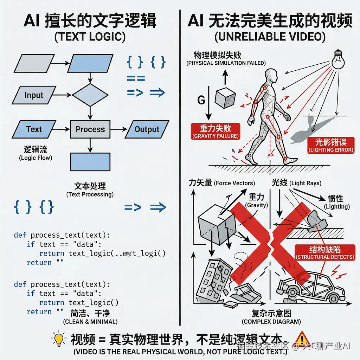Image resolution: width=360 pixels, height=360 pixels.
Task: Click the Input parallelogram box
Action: click(34, 95)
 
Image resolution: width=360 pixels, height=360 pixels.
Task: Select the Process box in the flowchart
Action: click(90, 129)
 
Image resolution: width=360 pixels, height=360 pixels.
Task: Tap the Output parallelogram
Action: click(147, 129)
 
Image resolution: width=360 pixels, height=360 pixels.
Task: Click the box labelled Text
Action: click(34, 129)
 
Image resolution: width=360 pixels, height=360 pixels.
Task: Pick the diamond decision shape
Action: click(90, 95)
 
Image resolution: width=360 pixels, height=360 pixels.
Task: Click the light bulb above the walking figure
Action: click(337, 60)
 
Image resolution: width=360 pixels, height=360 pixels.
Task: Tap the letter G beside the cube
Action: click(201, 100)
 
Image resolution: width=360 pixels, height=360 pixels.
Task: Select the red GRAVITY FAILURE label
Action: click(216, 131)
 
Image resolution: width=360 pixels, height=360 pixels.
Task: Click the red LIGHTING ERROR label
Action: click(330, 145)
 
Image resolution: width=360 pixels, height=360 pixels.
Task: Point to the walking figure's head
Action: click(271, 75)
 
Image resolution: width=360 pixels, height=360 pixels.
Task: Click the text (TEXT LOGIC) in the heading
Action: click(90, 37)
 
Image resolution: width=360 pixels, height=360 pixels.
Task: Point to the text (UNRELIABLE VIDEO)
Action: click(270, 37)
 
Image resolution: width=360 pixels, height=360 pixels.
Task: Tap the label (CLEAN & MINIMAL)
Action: click(90, 321)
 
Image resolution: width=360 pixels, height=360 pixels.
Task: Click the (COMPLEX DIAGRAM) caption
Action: click(271, 321)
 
